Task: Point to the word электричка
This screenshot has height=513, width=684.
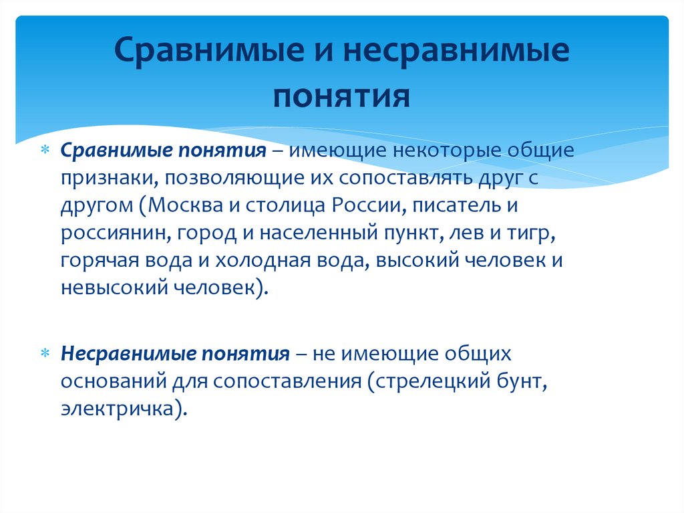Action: [x=118, y=409]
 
